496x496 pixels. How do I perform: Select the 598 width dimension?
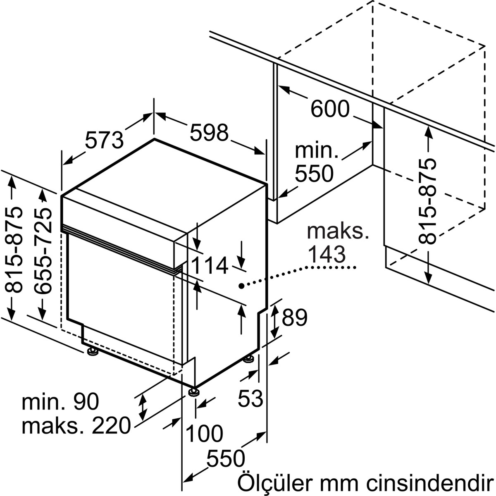tap(209, 133)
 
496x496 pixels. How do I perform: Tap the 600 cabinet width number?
tap(330, 109)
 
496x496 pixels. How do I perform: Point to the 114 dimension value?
tap(209, 265)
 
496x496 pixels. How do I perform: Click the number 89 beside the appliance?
tap(294, 317)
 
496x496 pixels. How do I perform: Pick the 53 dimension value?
tap(250, 398)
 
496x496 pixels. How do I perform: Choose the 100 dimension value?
tap(204, 433)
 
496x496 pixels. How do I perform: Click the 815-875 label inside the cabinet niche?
tap(427, 201)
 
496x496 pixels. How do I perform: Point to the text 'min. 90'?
tap(60, 402)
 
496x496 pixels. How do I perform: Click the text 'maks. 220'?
tap(76, 425)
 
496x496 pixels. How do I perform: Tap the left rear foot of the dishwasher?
tap(92, 352)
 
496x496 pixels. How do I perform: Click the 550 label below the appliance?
tap(226, 458)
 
